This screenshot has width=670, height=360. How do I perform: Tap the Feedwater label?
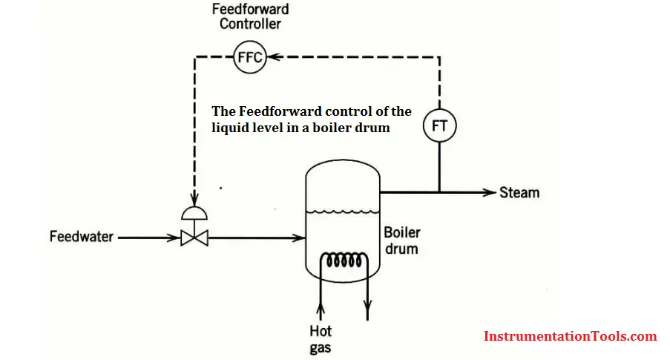click(x=81, y=237)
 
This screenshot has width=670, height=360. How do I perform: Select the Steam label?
click(x=519, y=192)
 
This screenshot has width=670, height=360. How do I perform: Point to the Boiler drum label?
click(x=401, y=240)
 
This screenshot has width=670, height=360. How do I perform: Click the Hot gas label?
click(x=321, y=339)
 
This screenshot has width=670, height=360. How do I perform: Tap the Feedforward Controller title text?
click(x=250, y=16)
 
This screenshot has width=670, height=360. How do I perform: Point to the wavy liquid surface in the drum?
click(x=343, y=211)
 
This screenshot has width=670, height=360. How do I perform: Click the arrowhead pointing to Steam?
click(x=490, y=192)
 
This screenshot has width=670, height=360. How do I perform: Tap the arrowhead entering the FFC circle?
click(x=274, y=57)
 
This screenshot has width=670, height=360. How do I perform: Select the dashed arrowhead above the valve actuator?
click(x=194, y=200)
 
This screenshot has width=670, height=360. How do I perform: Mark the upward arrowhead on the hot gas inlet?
click(x=321, y=309)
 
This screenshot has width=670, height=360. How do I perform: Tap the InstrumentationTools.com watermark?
click(x=571, y=336)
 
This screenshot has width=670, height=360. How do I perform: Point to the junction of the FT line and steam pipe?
click(x=440, y=192)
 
